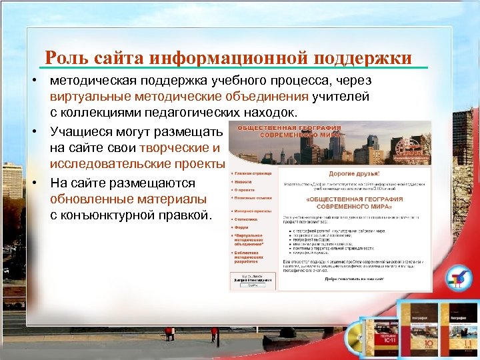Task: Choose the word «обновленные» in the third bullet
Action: pos(92,199)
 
